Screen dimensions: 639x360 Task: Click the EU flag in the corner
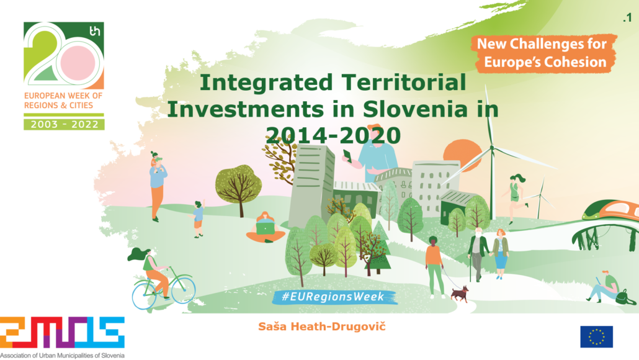point(596,336)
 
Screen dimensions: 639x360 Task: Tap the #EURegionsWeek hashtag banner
point(334,297)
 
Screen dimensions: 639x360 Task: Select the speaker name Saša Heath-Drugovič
point(322,326)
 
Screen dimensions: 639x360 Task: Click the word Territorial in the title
point(404,83)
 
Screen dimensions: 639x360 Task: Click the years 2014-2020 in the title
point(333,135)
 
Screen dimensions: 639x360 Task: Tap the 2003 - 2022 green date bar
point(64,124)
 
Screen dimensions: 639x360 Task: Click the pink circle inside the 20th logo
point(78,63)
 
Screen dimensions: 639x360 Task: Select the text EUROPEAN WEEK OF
point(63,96)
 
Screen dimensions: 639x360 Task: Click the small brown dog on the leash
point(460,294)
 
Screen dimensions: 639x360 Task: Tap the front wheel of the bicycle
point(184,289)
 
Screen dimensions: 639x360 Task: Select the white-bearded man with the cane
point(477,254)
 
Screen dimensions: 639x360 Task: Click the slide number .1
point(627,17)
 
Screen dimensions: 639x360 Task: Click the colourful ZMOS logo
point(62,332)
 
